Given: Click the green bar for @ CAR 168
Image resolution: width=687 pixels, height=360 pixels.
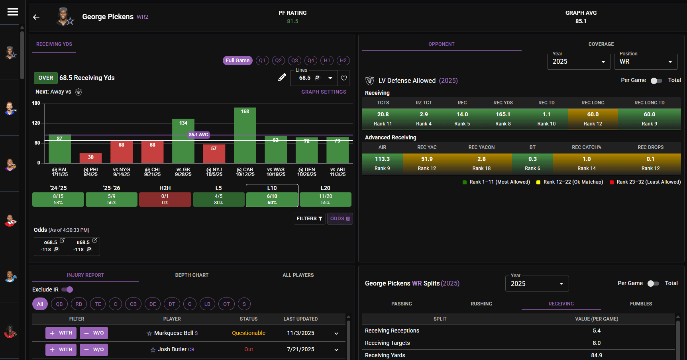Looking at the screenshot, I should (245, 135).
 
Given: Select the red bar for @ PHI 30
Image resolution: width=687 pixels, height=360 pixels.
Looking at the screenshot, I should (90, 158).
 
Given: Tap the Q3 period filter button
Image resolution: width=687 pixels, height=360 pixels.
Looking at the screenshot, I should (294, 61).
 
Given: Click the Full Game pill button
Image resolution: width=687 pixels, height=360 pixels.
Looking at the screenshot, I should (238, 61).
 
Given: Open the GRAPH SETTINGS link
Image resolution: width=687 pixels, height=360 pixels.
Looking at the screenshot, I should (324, 92).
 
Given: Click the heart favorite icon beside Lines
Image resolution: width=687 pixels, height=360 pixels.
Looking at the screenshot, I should (344, 78).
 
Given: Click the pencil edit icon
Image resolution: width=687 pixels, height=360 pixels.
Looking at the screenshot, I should (282, 78).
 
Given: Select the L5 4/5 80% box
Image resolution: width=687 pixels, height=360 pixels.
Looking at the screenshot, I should (218, 199).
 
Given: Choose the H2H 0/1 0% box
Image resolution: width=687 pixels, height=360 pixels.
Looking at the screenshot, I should (165, 199).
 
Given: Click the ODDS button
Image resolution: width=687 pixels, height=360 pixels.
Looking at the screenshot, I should (340, 219).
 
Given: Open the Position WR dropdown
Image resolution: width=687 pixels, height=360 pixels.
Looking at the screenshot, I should (646, 62).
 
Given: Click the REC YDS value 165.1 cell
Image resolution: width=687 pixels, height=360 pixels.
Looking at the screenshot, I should (503, 119).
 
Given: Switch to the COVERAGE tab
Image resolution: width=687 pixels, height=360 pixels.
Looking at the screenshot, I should (601, 44).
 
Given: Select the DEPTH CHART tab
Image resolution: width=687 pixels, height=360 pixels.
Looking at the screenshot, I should (192, 275).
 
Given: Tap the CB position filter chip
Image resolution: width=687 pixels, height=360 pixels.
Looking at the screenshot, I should (133, 304).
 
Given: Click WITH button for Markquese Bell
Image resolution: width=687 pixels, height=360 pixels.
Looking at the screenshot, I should (61, 333).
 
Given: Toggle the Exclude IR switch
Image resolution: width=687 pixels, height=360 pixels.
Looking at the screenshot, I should (67, 290).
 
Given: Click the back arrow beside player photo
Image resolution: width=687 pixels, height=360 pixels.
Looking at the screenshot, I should (36, 17).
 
